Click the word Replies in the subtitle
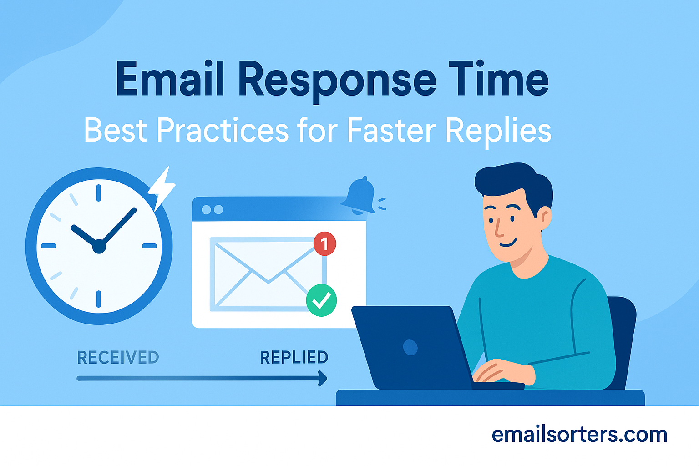pos(498,132)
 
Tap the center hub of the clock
pos(99,246)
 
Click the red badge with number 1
pos(324,244)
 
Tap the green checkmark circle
pos(321,300)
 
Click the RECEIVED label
pos(118,357)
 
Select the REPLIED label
pos(294,357)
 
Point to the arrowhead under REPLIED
pos(323,378)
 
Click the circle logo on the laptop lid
pos(410,347)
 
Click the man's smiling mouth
pos(508,243)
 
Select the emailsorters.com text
pos(579,435)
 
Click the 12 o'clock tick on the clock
pos(99,193)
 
